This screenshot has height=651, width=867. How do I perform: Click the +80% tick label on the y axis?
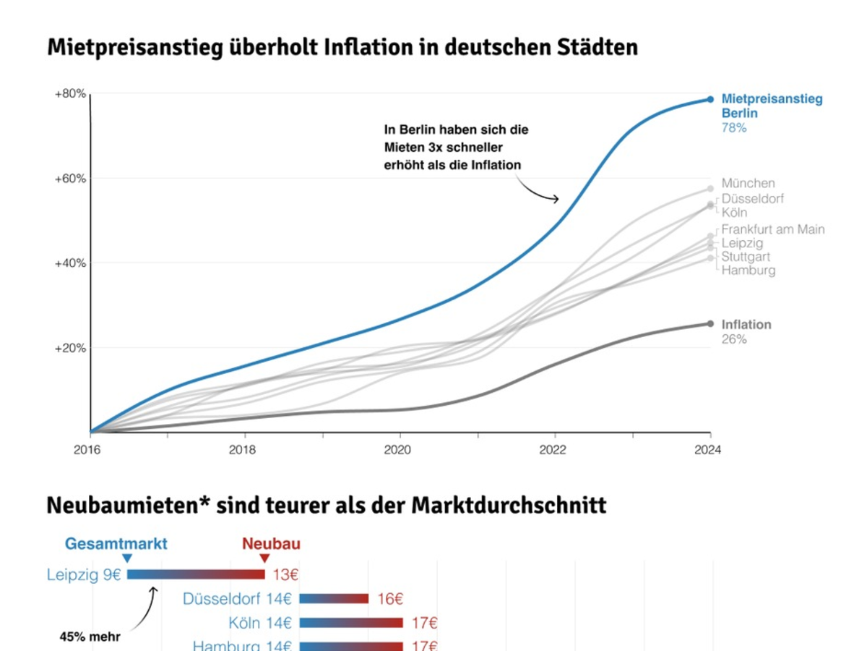tap(70, 94)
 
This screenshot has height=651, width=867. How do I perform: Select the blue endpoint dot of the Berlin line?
tap(710, 99)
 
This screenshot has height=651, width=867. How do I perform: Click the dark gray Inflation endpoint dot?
tap(710, 323)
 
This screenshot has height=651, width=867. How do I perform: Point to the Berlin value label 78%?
tap(734, 128)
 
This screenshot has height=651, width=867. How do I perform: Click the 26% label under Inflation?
tap(734, 339)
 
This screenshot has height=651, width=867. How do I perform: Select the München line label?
tap(748, 184)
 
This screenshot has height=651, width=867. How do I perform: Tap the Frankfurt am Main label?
tap(773, 229)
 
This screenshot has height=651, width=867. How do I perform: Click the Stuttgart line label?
tap(746, 257)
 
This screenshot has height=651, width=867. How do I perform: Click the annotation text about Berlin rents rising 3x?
tap(456, 148)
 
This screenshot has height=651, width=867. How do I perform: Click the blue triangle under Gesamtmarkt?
tap(127, 558)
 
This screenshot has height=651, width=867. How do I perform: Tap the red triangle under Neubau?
tap(264, 558)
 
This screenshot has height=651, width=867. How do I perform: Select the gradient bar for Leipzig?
tap(196, 574)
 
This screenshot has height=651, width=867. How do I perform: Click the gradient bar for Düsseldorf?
tap(334, 599)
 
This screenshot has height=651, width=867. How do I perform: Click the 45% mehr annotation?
tap(90, 637)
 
